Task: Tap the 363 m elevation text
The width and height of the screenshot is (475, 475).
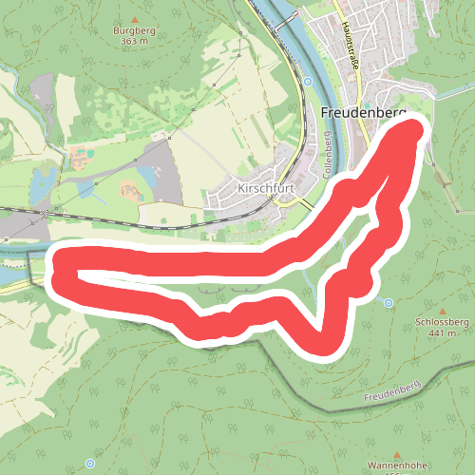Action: [x=134, y=42]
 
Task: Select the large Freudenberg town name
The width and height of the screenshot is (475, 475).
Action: [x=364, y=112]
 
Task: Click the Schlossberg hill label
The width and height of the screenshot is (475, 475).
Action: [x=444, y=322]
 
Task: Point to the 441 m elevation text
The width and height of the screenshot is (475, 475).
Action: [x=444, y=332]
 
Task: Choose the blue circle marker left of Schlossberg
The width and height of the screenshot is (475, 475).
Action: [x=389, y=303]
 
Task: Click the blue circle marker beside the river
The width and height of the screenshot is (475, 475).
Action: [x=308, y=83]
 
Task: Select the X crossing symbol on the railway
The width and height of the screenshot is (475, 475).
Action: [x=43, y=217]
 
